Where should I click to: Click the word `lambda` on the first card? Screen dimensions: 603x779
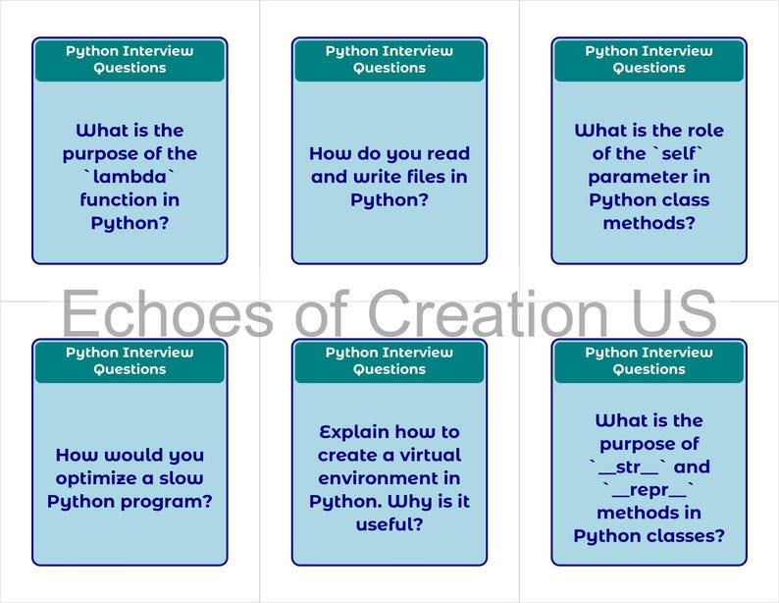tap(130, 177)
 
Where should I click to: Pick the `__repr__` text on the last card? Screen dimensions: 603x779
tap(649, 490)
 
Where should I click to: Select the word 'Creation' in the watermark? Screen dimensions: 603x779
tap(488, 312)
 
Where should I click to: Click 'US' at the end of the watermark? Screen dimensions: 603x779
tap(675, 312)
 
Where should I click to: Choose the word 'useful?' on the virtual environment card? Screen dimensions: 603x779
tap(389, 524)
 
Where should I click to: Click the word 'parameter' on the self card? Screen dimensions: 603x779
tap(649, 177)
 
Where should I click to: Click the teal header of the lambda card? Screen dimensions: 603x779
tap(130, 60)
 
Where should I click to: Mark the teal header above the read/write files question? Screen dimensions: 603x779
tap(389, 60)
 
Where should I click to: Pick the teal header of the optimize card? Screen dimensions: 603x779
tap(130, 361)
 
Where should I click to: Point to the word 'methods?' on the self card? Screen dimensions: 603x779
tap(649, 223)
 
